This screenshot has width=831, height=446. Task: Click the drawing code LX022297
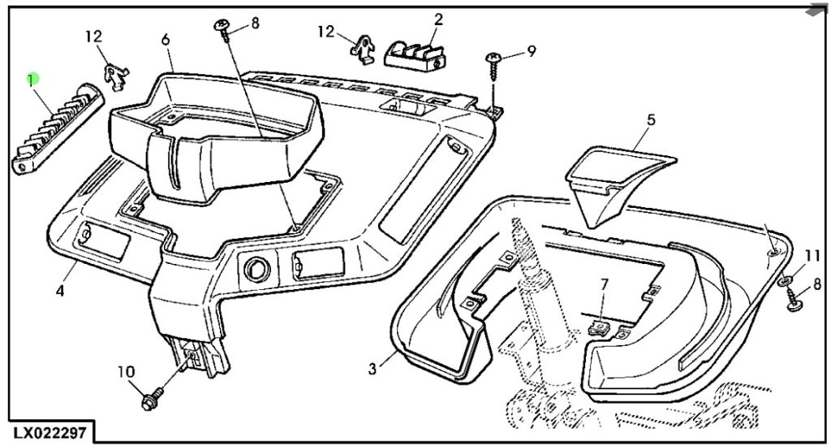point(50,430)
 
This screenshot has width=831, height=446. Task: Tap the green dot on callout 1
point(32,80)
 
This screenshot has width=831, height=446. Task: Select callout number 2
point(438,19)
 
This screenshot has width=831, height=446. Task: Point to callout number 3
point(372,369)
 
